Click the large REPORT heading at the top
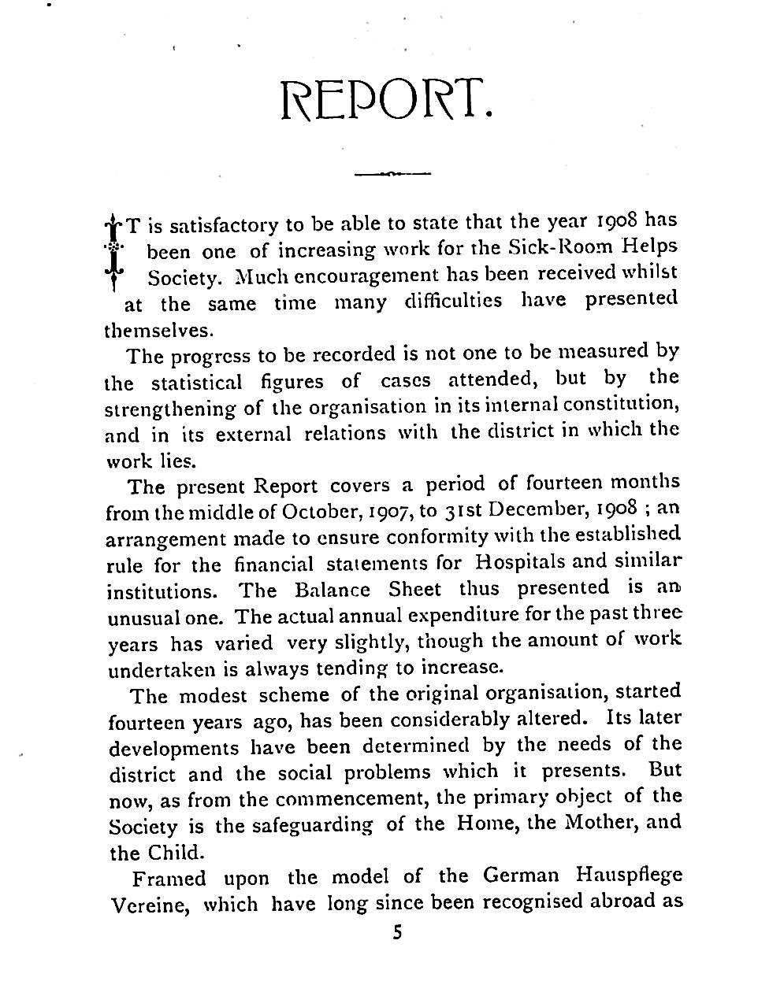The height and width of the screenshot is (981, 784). tap(388, 101)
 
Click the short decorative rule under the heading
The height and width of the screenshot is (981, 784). tap(392, 173)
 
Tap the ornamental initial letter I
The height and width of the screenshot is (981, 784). tap(115, 250)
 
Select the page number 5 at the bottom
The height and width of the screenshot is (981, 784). tap(397, 934)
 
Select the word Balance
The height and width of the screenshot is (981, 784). tap(332, 590)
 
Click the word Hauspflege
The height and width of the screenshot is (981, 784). tap(629, 875)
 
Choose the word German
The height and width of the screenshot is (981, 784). tap(521, 875)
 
